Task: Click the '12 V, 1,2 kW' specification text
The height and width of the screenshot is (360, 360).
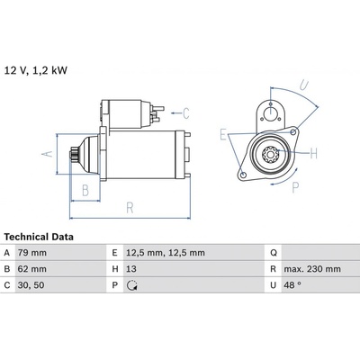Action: (36, 70)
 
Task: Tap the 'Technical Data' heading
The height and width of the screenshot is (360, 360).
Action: (39, 237)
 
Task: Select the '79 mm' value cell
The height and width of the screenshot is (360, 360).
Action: (32, 253)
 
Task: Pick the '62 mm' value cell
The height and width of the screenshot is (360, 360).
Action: (32, 269)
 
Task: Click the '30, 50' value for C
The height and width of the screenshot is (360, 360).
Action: (31, 285)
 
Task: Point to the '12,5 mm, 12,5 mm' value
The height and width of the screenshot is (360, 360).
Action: (166, 253)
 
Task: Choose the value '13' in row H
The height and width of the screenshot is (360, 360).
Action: (131, 269)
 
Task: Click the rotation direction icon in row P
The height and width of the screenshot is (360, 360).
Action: (132, 285)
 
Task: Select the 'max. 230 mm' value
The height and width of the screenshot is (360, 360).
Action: (312, 269)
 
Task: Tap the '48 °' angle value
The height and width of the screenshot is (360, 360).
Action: (292, 285)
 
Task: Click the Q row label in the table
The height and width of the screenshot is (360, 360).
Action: (274, 253)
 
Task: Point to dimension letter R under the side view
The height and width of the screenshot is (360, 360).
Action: (130, 208)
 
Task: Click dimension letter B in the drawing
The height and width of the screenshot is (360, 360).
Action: (85, 190)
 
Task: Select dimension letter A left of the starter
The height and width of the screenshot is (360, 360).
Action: (47, 154)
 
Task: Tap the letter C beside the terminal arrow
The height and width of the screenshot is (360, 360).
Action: (186, 113)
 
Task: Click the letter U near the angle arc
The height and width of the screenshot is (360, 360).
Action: (304, 85)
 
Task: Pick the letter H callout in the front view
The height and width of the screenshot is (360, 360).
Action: (314, 154)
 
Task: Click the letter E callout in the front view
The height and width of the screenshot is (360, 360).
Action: (223, 134)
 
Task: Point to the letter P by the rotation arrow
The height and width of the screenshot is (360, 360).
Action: (295, 188)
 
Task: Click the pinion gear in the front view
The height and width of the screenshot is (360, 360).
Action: (270, 155)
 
